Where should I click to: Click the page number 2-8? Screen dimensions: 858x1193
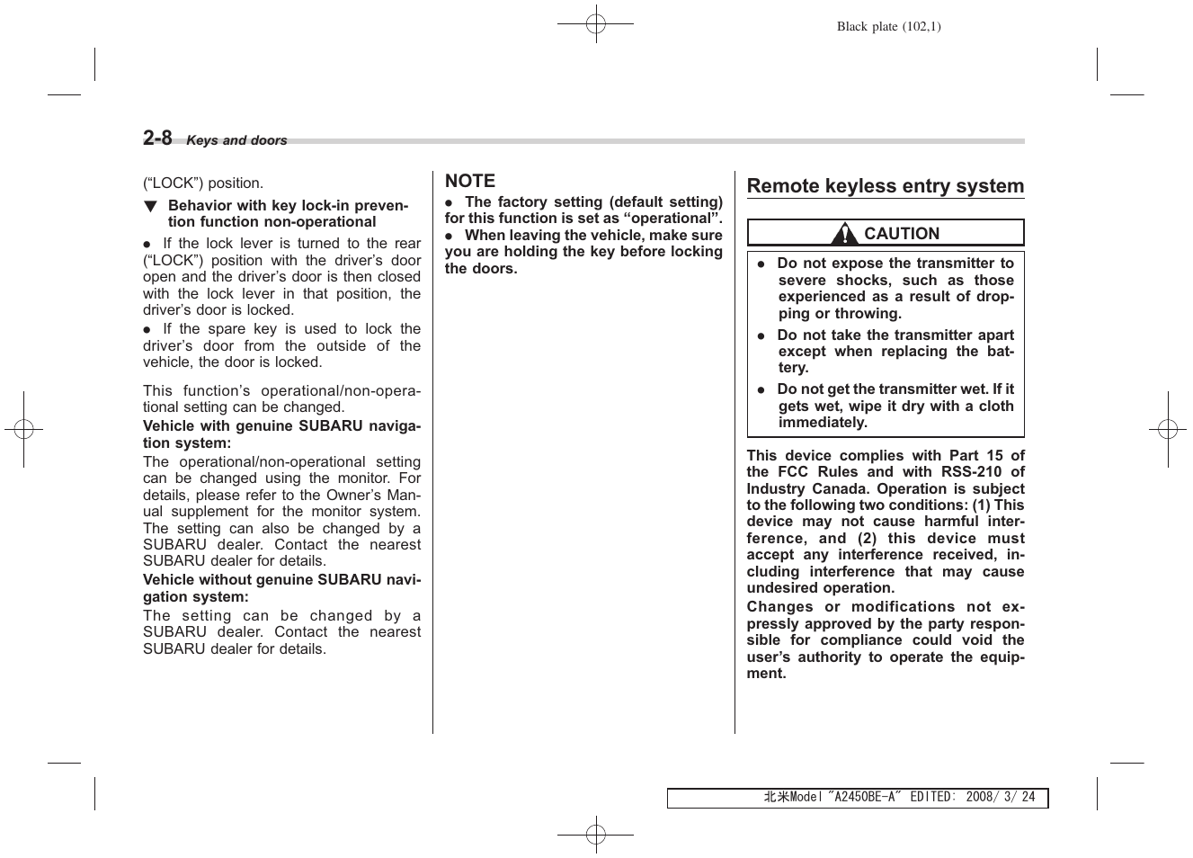pyautogui.click(x=157, y=138)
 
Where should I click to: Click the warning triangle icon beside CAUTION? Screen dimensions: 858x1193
pyautogui.click(x=843, y=234)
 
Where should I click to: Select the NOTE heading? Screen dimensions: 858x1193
pyautogui.click(x=470, y=181)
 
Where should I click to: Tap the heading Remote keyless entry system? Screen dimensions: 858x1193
pyautogui.click(x=886, y=186)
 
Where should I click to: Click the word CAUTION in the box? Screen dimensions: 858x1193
pyautogui.click(x=901, y=234)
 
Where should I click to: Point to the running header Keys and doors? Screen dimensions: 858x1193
pyautogui.click(x=236, y=140)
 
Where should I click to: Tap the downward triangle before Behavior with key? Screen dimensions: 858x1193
pyautogui.click(x=151, y=206)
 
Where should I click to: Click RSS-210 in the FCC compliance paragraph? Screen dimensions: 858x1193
pyautogui.click(x=971, y=472)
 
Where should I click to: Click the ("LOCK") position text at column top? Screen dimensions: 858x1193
pyautogui.click(x=203, y=183)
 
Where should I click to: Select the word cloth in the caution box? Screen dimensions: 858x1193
pyautogui.click(x=996, y=406)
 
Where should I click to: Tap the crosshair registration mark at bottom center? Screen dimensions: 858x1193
pyautogui.click(x=595, y=834)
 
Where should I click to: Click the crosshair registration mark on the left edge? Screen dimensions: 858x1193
pyautogui.click(x=24, y=430)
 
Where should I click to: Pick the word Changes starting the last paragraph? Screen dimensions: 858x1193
pyautogui.click(x=779, y=607)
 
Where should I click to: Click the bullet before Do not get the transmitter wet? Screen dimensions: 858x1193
pyautogui.click(x=761, y=390)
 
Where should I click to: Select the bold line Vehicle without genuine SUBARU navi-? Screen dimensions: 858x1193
pyautogui.click(x=281, y=580)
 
